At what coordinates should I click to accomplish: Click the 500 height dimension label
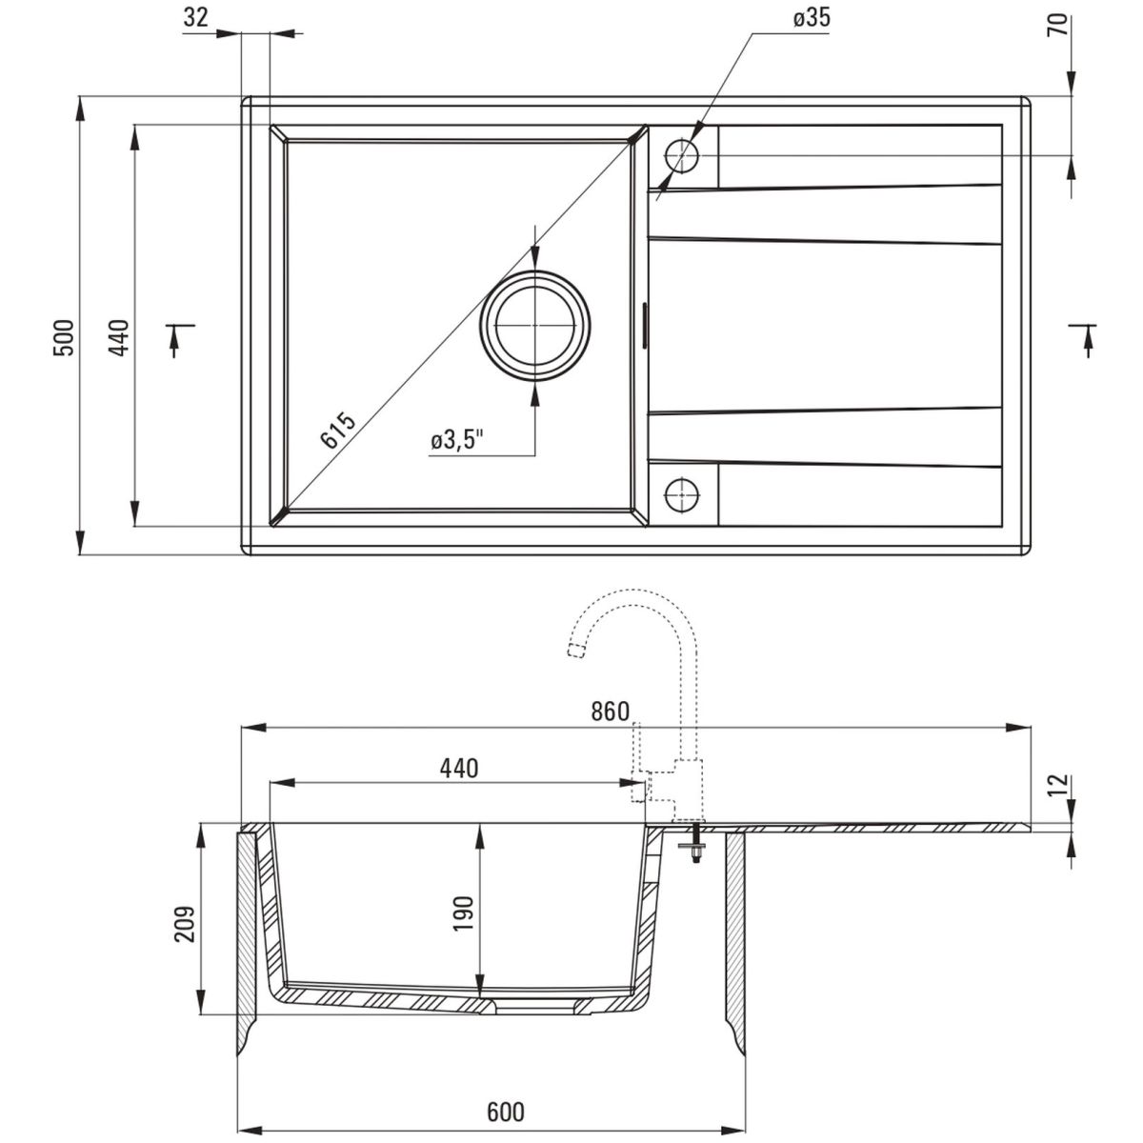[x=65, y=337]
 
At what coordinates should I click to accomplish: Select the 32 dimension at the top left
[x=196, y=18]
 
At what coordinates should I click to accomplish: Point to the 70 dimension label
[x=1061, y=24]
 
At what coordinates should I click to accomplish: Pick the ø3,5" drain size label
[x=458, y=441]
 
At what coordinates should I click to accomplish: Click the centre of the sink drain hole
[x=535, y=326]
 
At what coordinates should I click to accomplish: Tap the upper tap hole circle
[x=682, y=155]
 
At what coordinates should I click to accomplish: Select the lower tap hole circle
[x=682, y=494]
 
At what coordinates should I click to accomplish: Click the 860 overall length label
[x=610, y=712]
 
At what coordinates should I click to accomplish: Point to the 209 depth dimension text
[x=185, y=924]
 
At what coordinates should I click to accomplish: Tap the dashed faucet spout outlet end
[x=574, y=651]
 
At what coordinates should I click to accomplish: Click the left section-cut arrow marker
[x=179, y=339]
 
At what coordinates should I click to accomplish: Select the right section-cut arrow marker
[x=1083, y=339]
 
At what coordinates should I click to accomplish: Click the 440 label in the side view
[x=459, y=768]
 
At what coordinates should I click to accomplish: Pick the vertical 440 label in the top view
[x=119, y=337]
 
